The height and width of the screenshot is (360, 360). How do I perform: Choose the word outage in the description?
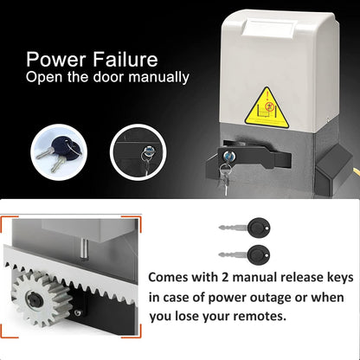point(254,299)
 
